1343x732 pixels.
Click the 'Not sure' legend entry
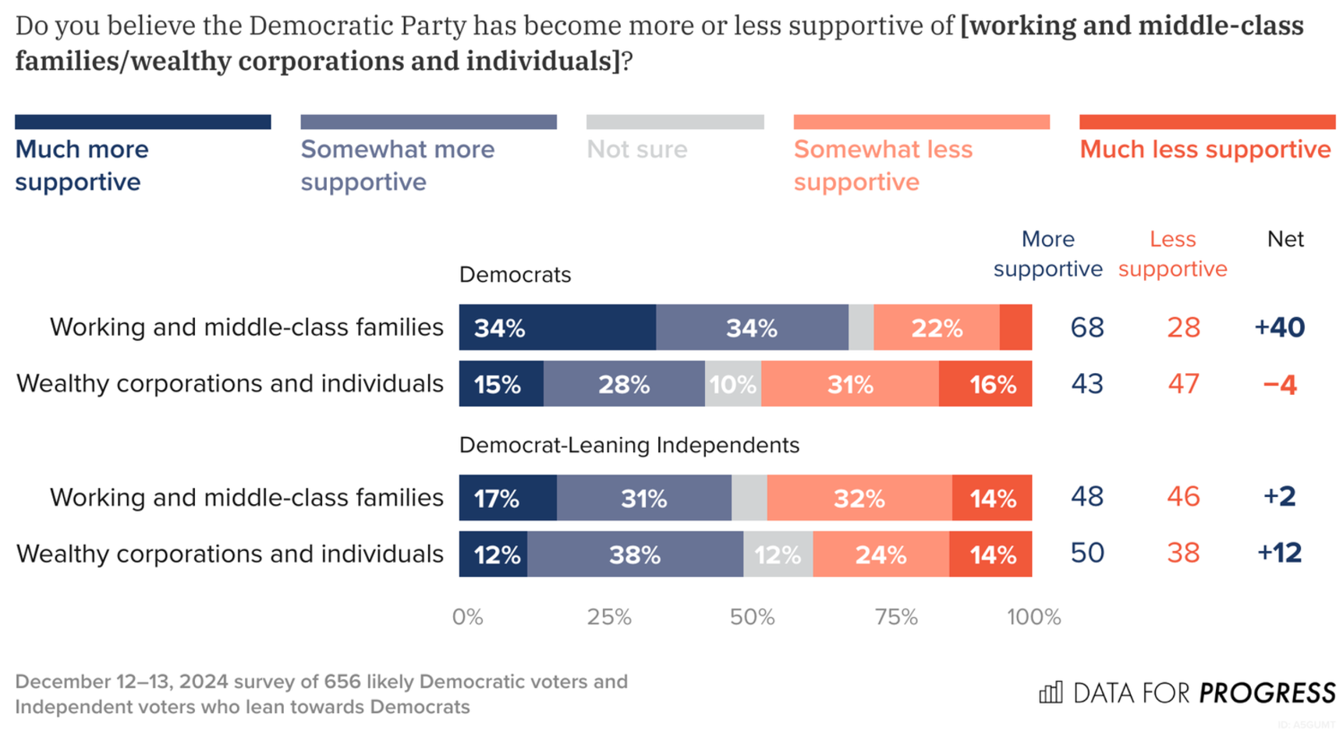click(636, 149)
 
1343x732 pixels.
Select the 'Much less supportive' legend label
click(1204, 149)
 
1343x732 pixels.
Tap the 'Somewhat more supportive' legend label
click(397, 165)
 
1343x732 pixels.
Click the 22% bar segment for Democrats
click(936, 328)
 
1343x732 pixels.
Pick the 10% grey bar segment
click(732, 384)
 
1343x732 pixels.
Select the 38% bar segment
click(635, 555)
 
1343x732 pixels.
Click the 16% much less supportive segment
click(985, 384)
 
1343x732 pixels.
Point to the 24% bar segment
click(881, 555)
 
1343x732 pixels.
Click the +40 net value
click(1279, 327)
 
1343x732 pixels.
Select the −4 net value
click(1279, 384)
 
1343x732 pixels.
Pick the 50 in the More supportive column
click(1086, 553)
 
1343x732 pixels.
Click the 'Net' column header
click(1285, 239)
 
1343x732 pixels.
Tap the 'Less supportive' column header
click(1172, 254)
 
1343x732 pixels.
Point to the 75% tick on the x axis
click(895, 617)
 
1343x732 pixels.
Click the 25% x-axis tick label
click(609, 617)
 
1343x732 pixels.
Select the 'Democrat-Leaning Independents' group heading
click(629, 445)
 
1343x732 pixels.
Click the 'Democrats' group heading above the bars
click(515, 275)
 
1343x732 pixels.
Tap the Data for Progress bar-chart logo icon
click(1051, 692)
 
